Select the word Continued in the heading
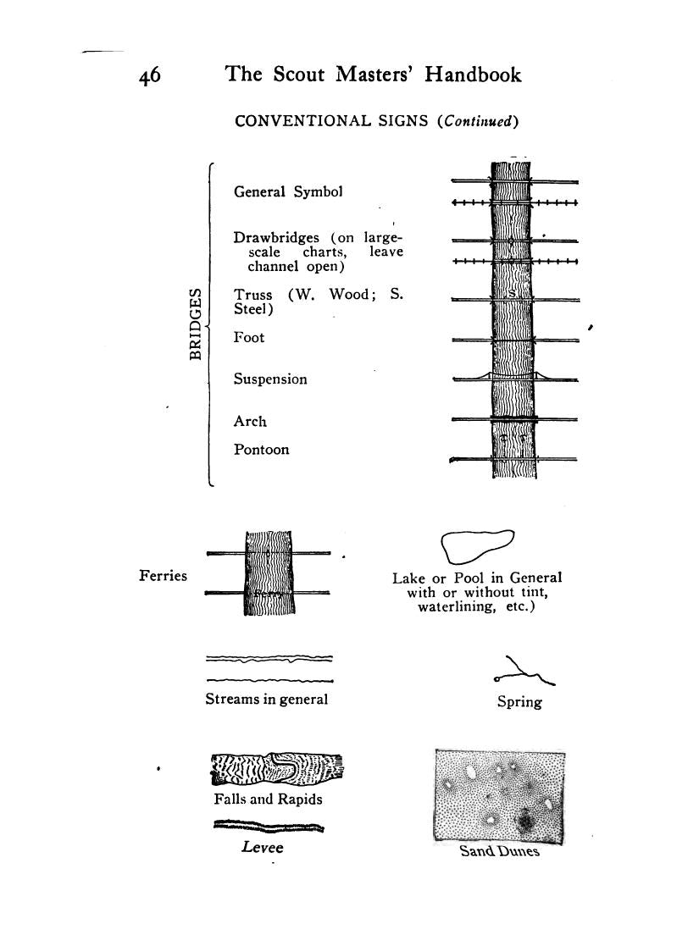pos(476,121)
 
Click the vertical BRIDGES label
pos(196,324)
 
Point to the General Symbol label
pos(288,192)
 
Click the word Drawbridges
pos(277,238)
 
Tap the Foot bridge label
pos(249,338)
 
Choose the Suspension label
pos(270,380)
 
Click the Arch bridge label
pos(250,422)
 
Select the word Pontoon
pos(261,451)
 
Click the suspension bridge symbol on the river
pos(513,375)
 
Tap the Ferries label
pos(163,576)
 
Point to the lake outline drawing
pos(476,545)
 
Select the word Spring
pos(519,702)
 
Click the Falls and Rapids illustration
pos(277,769)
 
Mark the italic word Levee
pos(262,848)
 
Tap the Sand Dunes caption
pos(499,851)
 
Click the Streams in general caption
pos(266,700)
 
